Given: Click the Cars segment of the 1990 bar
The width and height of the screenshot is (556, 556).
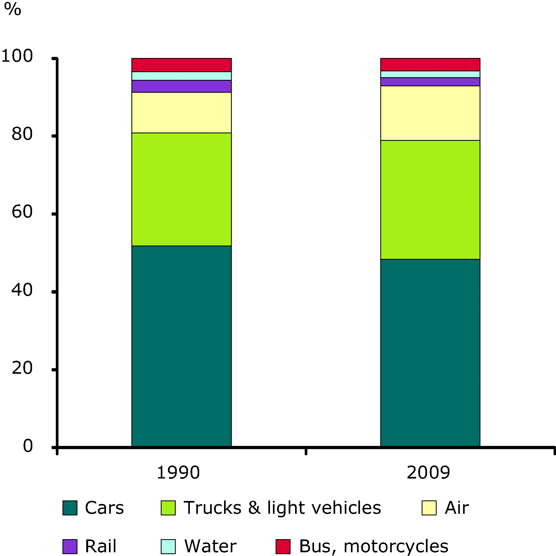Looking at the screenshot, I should [x=181, y=345].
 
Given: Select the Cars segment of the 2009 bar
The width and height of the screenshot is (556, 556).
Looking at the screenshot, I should [x=430, y=353].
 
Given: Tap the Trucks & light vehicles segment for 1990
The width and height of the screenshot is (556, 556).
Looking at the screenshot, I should [x=181, y=189].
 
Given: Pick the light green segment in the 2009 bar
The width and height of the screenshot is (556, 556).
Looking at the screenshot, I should [x=430, y=200].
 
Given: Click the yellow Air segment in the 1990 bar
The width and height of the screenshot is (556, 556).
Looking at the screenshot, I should [x=181, y=112].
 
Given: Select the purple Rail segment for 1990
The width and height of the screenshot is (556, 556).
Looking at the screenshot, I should [x=181, y=86].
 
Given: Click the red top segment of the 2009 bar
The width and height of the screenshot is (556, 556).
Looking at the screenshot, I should [x=430, y=64].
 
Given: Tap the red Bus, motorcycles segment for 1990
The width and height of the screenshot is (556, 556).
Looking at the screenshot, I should [x=181, y=65].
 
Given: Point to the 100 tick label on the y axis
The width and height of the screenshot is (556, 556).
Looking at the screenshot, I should [x=17, y=56].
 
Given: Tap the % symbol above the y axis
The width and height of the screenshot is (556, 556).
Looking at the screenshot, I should [x=13, y=10].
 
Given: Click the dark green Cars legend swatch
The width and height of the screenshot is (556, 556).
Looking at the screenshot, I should [x=70, y=508].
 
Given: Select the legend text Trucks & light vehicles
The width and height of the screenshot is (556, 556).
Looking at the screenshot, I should [x=282, y=507].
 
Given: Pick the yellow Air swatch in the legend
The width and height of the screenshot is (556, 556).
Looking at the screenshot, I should [x=429, y=508].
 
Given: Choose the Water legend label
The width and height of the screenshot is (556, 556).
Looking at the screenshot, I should [x=210, y=546].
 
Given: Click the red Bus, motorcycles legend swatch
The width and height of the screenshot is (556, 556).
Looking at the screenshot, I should [x=283, y=546].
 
